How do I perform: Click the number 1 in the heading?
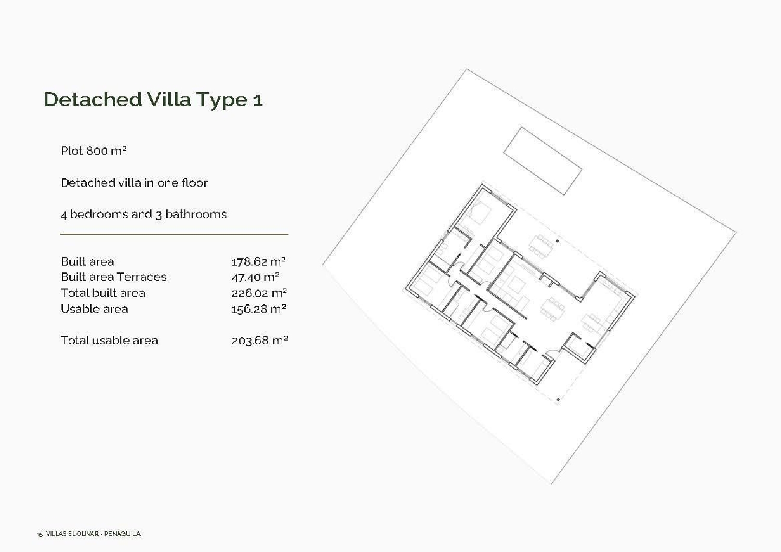[x=257, y=100]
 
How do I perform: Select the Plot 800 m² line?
[x=94, y=151]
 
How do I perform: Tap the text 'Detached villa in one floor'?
[x=134, y=183]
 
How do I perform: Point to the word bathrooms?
[x=196, y=215]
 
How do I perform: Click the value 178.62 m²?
[x=258, y=261]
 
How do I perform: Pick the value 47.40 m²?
[x=255, y=277]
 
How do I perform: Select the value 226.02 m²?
[x=259, y=293]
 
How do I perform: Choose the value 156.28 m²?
[x=259, y=309]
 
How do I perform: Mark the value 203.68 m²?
[x=259, y=341]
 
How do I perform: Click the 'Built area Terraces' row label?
[x=114, y=277]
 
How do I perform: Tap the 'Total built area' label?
[x=103, y=293]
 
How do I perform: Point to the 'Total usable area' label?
[x=109, y=341]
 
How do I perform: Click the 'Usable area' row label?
[x=94, y=309]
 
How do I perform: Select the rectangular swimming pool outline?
[x=542, y=160]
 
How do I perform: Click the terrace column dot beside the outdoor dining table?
[x=557, y=241]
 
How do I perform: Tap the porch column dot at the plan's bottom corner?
[x=558, y=400]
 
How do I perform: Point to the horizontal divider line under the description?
[x=174, y=234]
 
